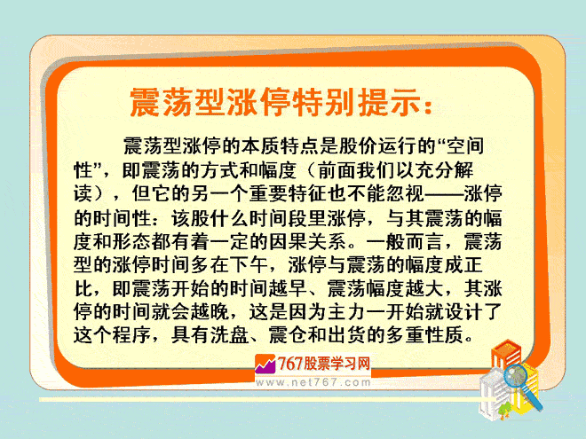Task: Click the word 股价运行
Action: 377,146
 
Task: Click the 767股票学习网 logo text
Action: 324,364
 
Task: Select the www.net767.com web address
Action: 313,382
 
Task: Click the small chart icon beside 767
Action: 265,364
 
